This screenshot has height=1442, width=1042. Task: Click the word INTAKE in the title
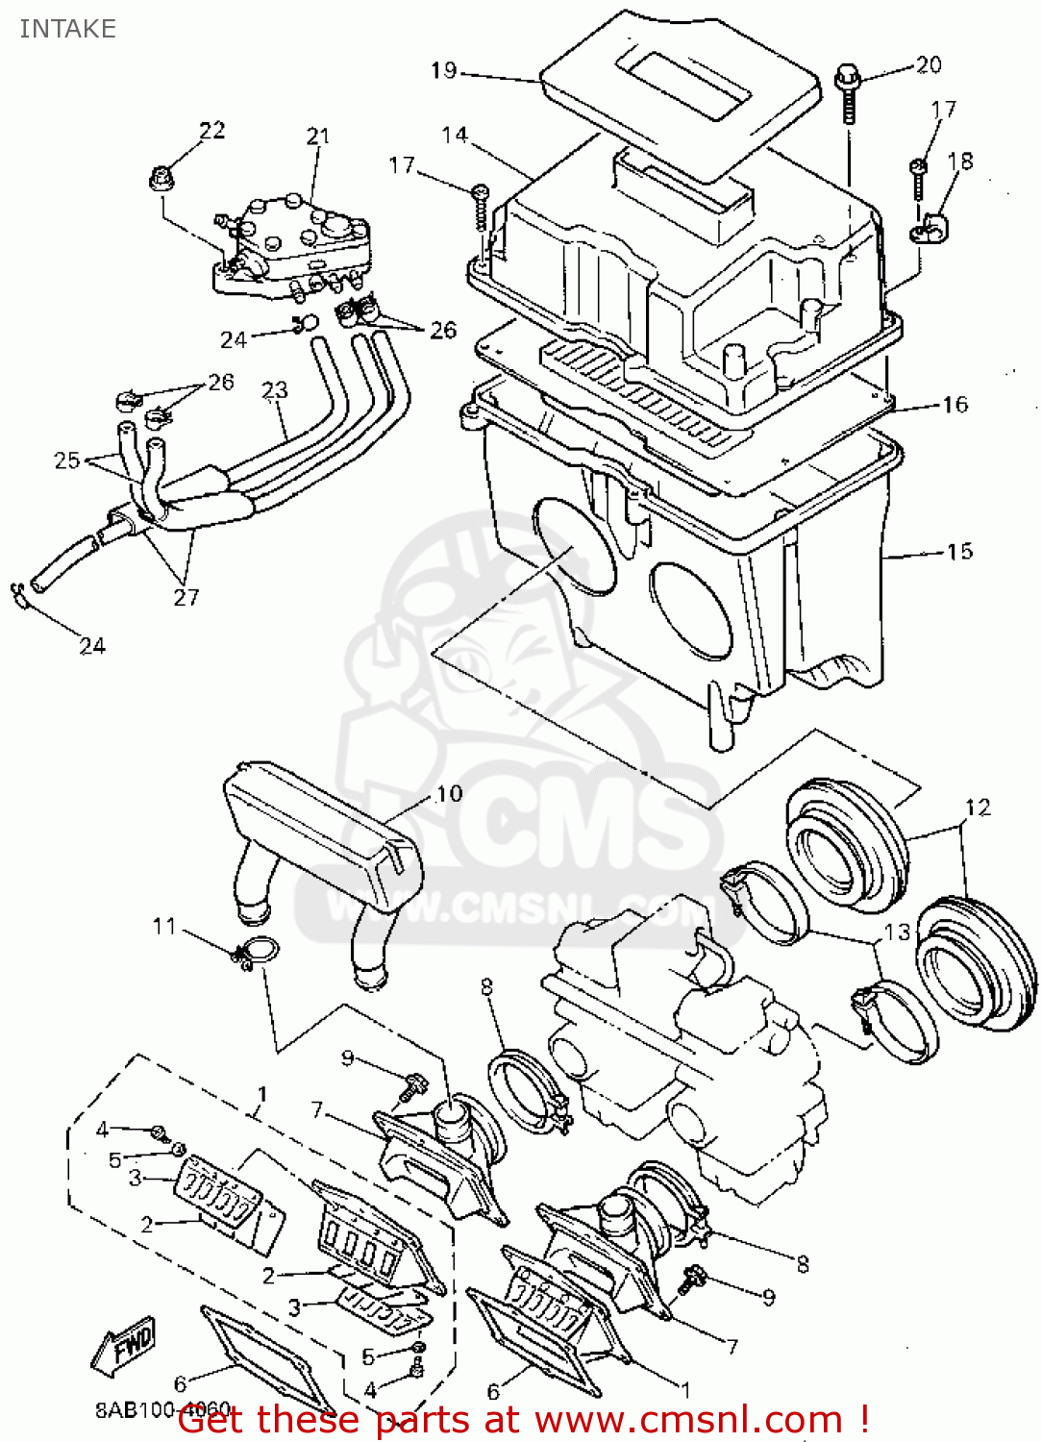(67, 29)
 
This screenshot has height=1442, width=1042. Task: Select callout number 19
(443, 70)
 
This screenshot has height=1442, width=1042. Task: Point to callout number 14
(455, 135)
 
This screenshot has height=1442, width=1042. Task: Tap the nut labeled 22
(161, 178)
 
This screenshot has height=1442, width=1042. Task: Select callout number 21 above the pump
(317, 137)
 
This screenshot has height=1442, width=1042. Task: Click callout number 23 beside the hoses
(275, 389)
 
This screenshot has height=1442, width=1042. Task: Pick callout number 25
(66, 460)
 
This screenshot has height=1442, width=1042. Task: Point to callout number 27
(186, 597)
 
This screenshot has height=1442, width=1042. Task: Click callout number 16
(955, 405)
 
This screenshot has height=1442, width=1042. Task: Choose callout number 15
(959, 551)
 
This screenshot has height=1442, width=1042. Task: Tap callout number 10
(449, 794)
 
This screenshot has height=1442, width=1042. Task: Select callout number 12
(978, 808)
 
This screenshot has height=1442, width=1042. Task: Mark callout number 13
(896, 932)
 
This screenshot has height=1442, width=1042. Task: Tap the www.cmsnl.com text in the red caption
(688, 1420)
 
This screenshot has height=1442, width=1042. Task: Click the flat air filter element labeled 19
(682, 87)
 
